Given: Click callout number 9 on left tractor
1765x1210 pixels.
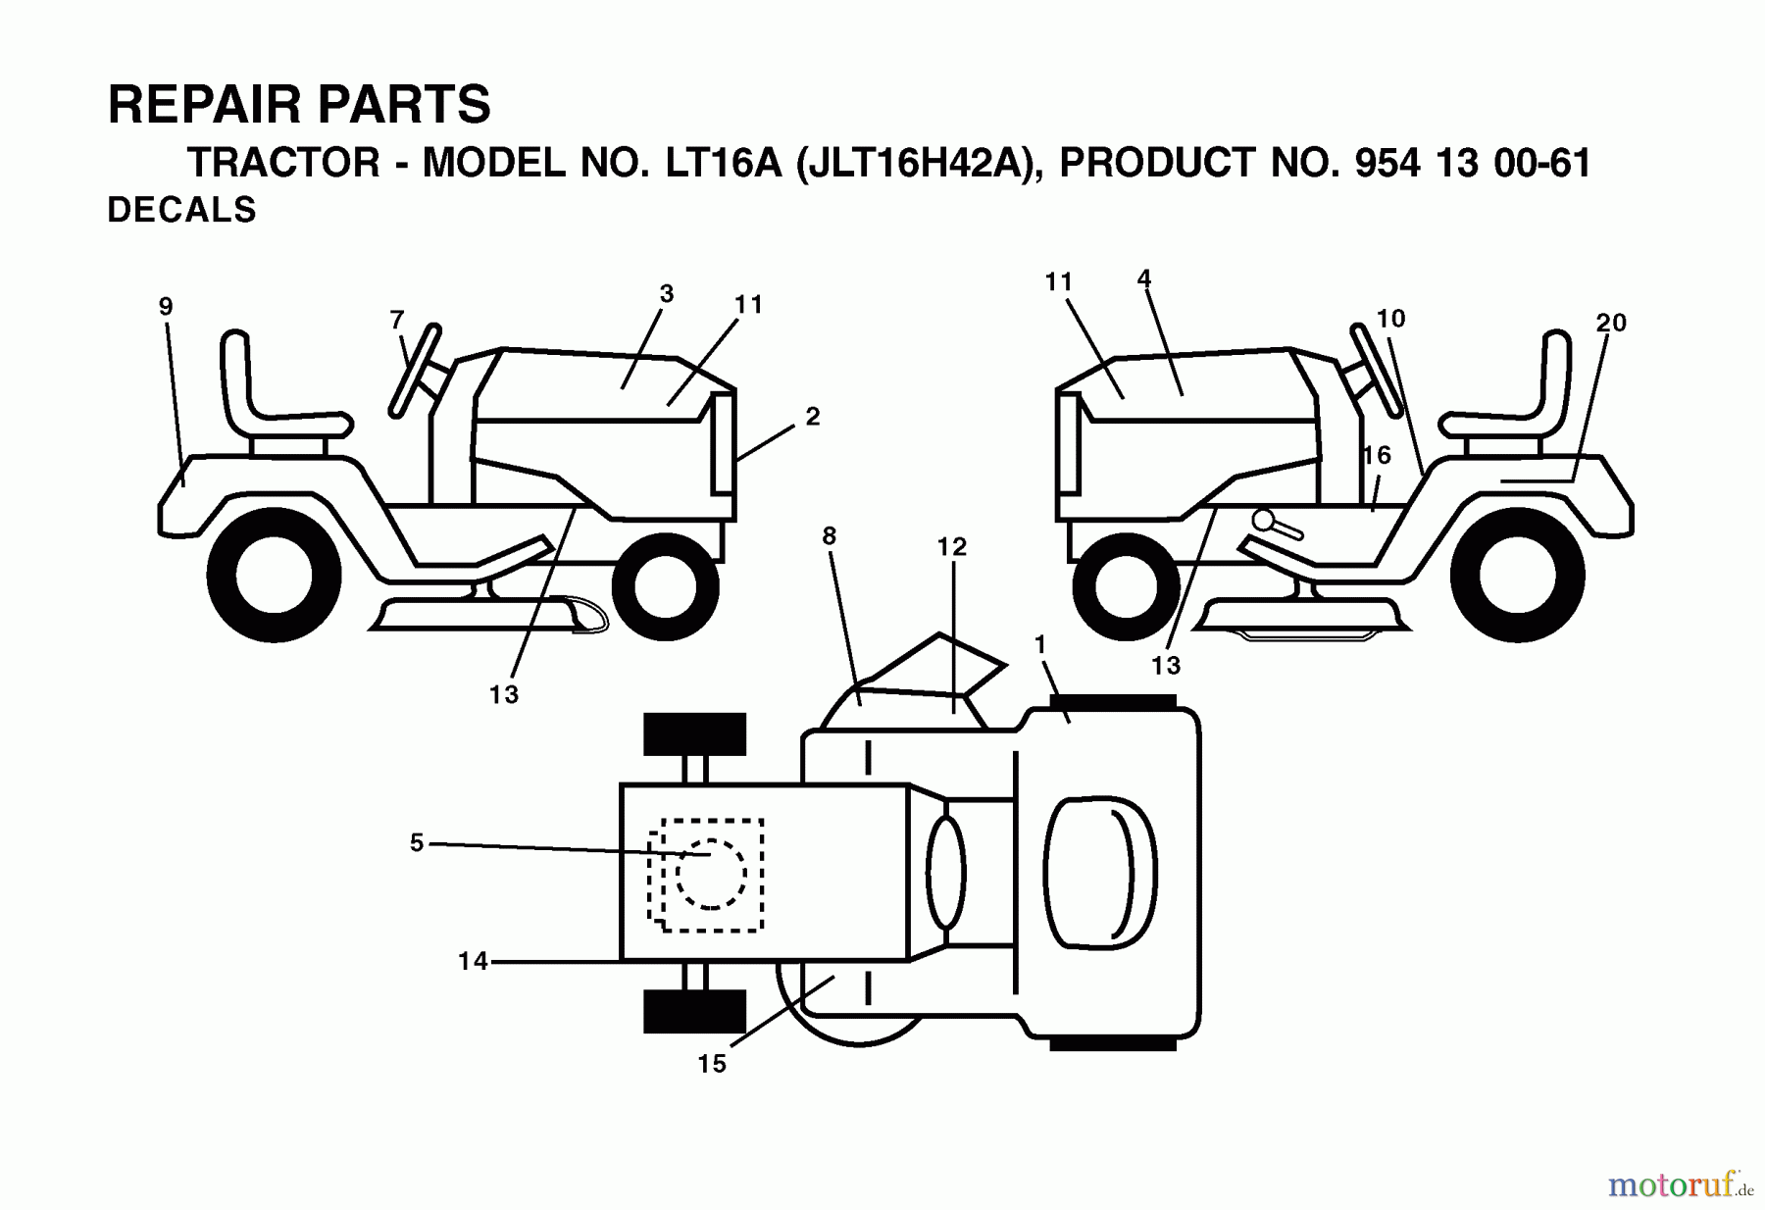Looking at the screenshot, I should (x=166, y=307).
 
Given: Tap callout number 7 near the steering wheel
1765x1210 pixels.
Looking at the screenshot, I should (x=396, y=320).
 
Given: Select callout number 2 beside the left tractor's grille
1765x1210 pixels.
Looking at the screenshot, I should (x=812, y=417).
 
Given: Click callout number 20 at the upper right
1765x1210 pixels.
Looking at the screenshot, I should (x=1611, y=323).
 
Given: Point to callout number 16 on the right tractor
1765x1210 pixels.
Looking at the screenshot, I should (x=1377, y=455).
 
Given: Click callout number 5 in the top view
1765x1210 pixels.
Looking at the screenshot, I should (x=417, y=843).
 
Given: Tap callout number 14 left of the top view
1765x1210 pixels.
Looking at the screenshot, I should (x=473, y=962).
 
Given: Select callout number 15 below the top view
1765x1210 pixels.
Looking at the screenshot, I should (x=712, y=1064).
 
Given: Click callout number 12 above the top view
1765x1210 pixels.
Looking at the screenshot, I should (x=951, y=547).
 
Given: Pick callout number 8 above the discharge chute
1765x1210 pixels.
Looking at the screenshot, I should (x=830, y=535).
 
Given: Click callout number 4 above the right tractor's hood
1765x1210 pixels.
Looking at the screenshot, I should (x=1143, y=278).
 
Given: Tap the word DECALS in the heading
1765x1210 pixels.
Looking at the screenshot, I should (x=181, y=211).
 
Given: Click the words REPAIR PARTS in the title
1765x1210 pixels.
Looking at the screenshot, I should (x=299, y=105).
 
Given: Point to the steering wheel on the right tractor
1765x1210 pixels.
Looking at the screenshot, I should (x=1380, y=368).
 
